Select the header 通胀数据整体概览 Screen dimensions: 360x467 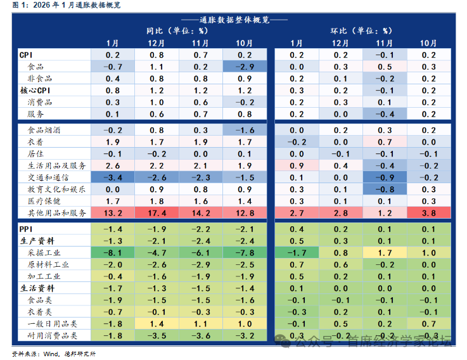point(234,19)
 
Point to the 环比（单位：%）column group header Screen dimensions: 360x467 point(362,30)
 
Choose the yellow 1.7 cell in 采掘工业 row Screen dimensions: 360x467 point(385,253)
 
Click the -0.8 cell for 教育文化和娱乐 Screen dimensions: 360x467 point(385,189)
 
